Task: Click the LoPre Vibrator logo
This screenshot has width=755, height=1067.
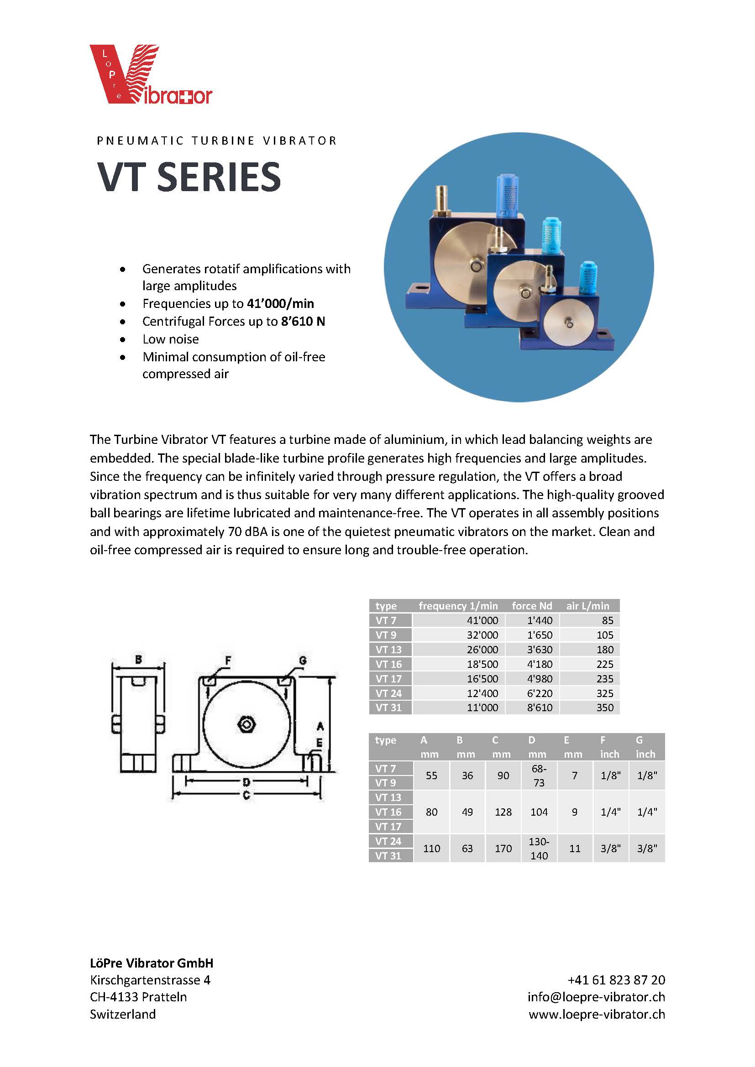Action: pos(151,74)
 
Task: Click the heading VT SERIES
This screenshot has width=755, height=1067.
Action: pos(189,177)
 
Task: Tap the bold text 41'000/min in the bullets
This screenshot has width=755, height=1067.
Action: pos(280,303)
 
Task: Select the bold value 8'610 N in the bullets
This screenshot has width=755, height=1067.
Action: pos(303,321)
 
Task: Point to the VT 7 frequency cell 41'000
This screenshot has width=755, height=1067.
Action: pos(482,620)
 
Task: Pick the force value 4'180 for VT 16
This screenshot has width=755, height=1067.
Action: pos(540,664)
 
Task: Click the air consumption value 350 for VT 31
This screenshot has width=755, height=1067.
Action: pos(605,708)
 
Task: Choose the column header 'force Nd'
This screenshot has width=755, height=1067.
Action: pos(532,606)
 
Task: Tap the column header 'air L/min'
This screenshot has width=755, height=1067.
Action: pos(587,606)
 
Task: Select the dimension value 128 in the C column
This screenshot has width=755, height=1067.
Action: pos(503,812)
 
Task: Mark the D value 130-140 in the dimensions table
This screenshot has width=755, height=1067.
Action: pos(539,848)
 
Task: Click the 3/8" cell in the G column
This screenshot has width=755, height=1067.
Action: pos(647,848)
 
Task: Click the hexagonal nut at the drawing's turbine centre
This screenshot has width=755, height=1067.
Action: pos(246,724)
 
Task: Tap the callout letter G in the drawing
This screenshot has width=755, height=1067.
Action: pos(302,661)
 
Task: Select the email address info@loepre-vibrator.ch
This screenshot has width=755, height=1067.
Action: pos(596,997)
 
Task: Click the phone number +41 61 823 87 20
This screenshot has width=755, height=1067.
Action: pos(616,979)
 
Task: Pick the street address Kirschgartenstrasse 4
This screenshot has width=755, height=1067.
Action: pos(150,980)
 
